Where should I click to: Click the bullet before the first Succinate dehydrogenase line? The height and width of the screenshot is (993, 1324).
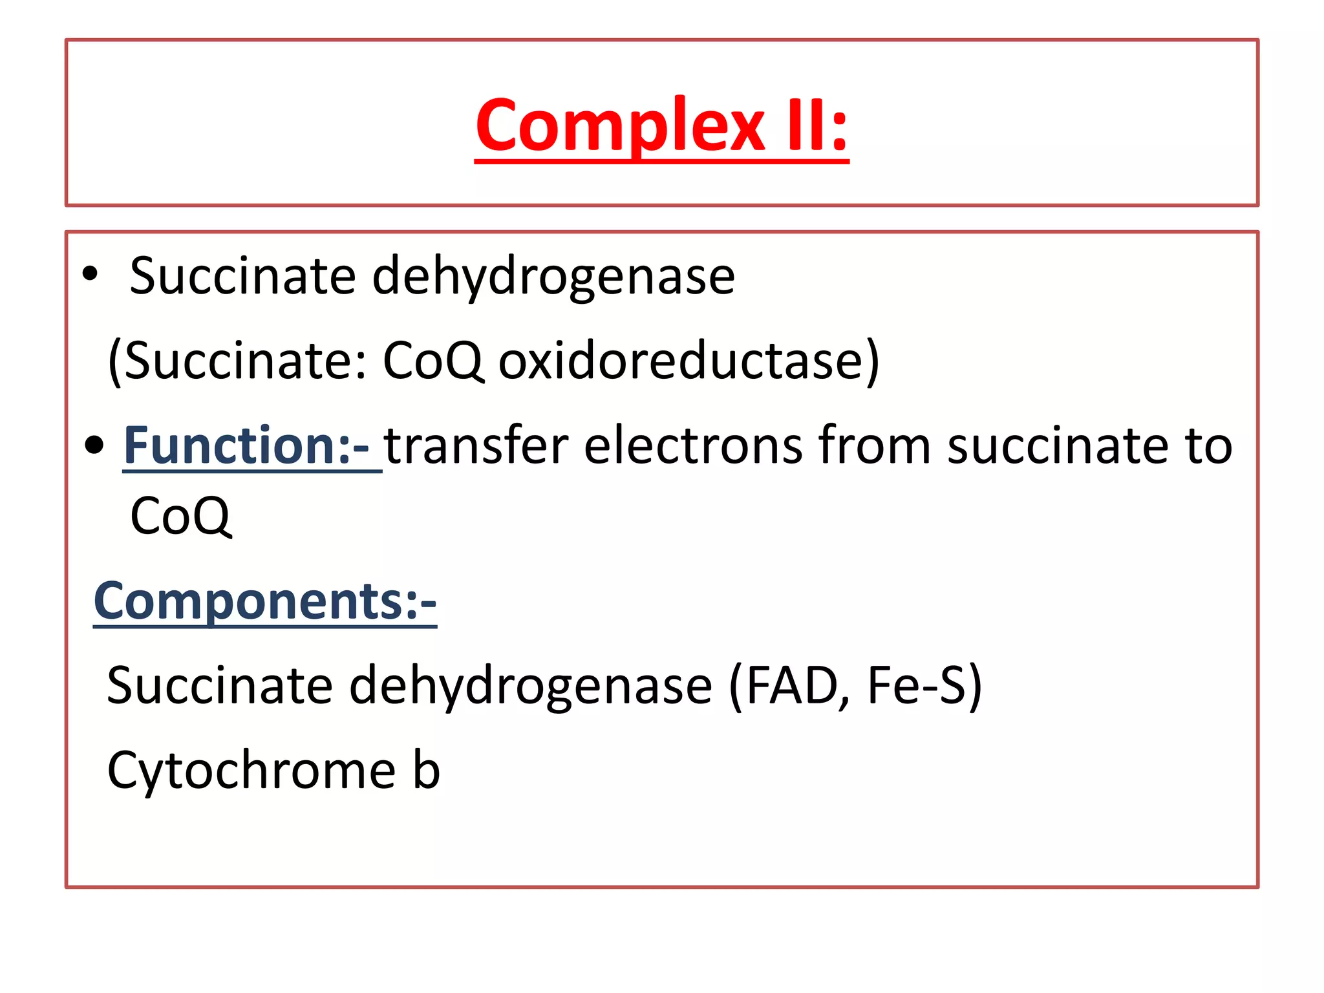[x=90, y=274]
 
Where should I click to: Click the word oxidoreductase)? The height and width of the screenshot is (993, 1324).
[x=689, y=361]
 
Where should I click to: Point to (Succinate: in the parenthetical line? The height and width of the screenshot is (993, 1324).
[x=237, y=361]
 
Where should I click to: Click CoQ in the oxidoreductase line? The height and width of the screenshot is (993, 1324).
[x=432, y=361]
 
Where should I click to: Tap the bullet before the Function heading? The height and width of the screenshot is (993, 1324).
[x=94, y=445]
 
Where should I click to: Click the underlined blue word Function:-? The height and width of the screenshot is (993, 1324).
[x=246, y=445]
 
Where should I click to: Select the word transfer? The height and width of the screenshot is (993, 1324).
[x=476, y=445]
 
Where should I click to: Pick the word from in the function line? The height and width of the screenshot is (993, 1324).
[x=874, y=445]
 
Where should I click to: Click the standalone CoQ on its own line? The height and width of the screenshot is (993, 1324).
[x=180, y=517]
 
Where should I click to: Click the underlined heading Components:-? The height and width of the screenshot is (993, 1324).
[x=265, y=601]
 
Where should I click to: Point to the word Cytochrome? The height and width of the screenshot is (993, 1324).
[x=251, y=771]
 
